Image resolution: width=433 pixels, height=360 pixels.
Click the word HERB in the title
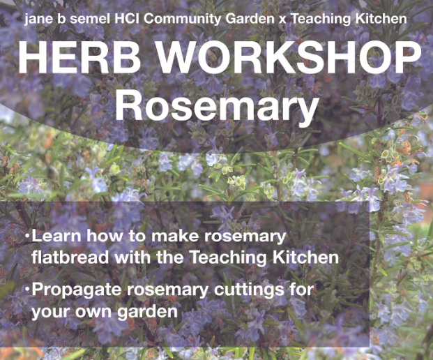click(x=79, y=58)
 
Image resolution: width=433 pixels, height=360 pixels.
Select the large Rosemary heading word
click(x=217, y=106)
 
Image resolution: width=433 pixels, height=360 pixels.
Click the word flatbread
click(x=70, y=257)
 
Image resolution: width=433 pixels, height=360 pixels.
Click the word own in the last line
click(x=93, y=312)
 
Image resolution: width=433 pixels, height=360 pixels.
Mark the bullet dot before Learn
click(x=27, y=237)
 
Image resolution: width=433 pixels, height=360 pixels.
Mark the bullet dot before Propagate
click(x=27, y=290)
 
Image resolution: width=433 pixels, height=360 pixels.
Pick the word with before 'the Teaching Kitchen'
click(x=132, y=257)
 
